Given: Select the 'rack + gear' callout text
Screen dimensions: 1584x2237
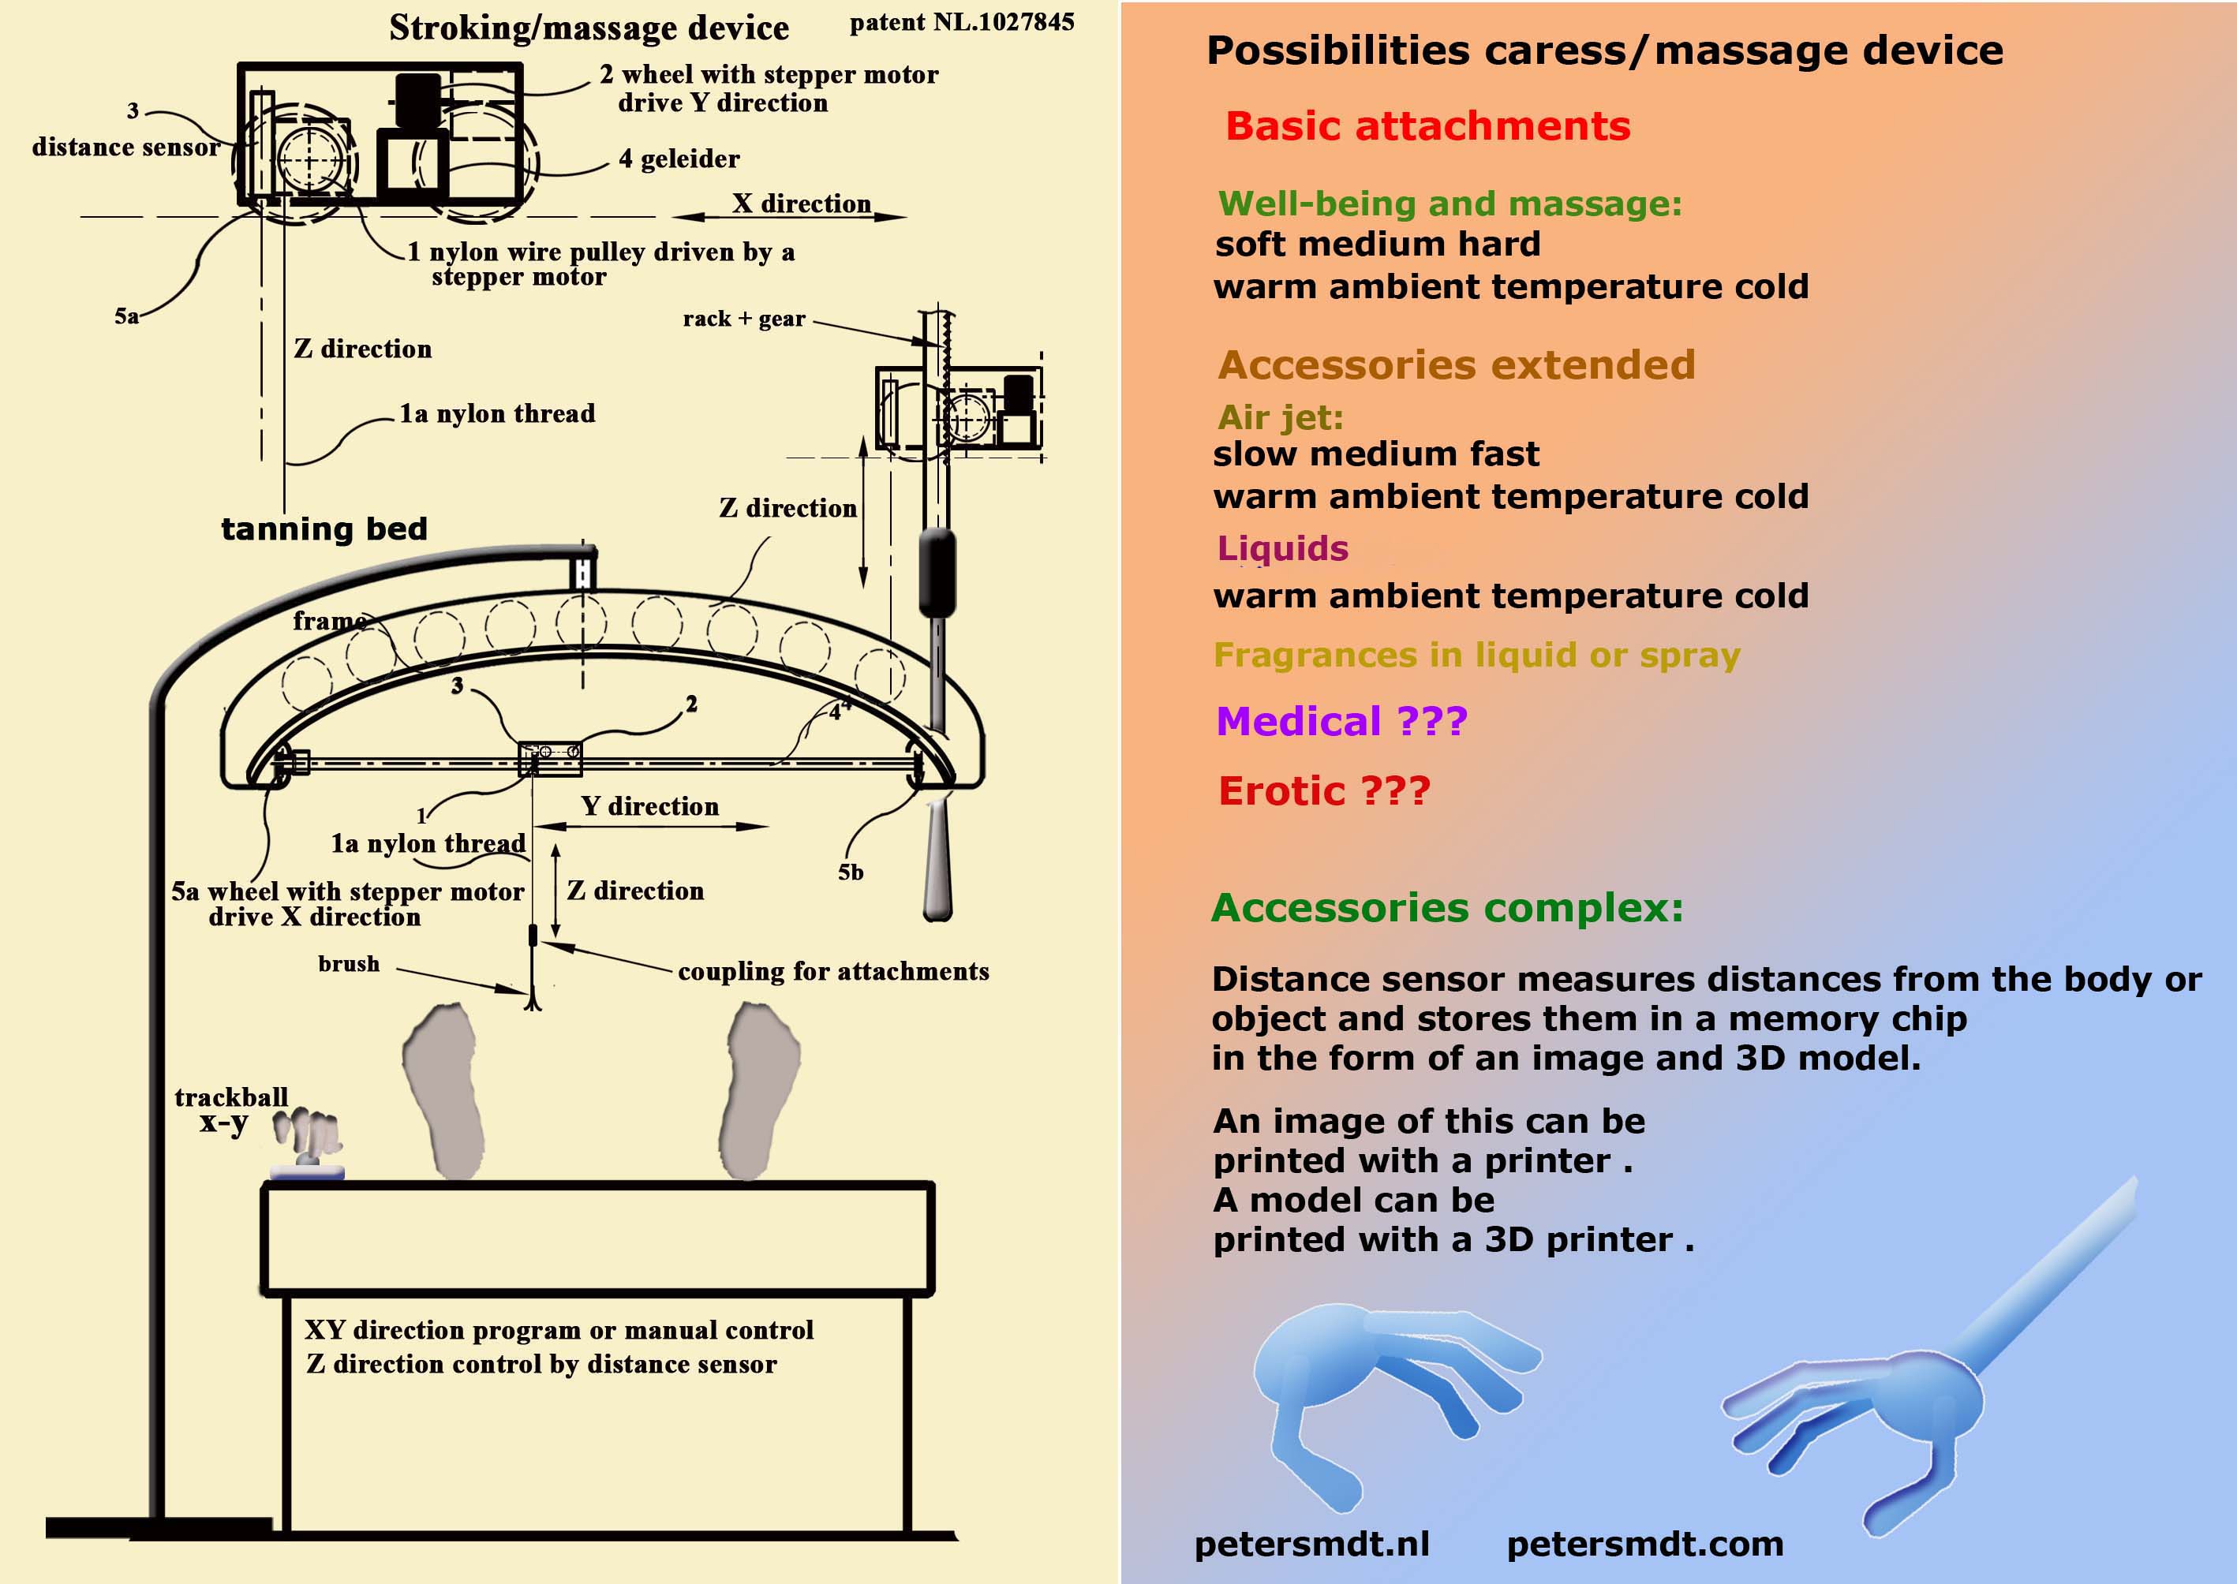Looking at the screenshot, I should (x=743, y=319).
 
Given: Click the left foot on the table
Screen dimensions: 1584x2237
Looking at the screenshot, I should (x=445, y=1088).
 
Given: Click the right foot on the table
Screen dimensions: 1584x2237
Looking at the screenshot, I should (x=761, y=1088).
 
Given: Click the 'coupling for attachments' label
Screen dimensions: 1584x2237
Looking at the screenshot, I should (x=833, y=972).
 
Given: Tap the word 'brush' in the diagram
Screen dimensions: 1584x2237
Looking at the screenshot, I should (x=348, y=964).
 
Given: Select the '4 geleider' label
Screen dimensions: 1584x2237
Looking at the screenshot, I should (x=679, y=159).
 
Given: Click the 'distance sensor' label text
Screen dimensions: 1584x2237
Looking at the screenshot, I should (x=125, y=148).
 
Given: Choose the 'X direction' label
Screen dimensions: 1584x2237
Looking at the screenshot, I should (x=801, y=203).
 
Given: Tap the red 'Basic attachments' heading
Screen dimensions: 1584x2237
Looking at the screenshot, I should (x=1427, y=127).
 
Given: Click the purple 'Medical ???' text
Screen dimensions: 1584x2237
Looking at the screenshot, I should (x=1341, y=722).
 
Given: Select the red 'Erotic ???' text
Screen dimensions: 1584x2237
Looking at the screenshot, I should (x=1324, y=791).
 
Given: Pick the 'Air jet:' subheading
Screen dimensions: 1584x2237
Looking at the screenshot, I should (x=1280, y=417).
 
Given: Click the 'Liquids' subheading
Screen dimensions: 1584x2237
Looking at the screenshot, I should (x=1283, y=548).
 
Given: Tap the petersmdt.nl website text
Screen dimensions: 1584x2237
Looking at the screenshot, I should (x=1311, y=1544).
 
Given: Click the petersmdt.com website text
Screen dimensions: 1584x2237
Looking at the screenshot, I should (x=1645, y=1544).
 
